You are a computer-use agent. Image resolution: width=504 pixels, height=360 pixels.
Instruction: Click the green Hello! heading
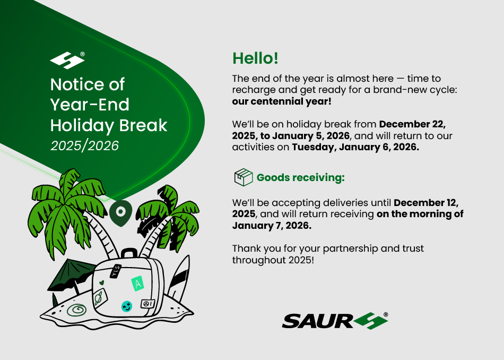pyautogui.click(x=255, y=58)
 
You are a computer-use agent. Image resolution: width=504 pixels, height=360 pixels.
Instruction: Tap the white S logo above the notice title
pyautogui.click(x=67, y=60)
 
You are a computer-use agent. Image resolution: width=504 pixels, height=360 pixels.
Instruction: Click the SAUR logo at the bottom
pyautogui.click(x=335, y=321)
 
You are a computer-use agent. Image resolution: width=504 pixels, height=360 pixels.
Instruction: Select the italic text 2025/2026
pyautogui.click(x=84, y=145)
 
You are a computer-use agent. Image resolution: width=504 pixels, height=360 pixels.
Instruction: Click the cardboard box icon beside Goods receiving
pyautogui.click(x=244, y=177)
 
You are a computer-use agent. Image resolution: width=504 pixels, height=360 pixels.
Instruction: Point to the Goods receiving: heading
pyautogui.click(x=300, y=177)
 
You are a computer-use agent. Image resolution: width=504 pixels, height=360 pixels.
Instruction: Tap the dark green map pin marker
pyautogui.click(x=120, y=213)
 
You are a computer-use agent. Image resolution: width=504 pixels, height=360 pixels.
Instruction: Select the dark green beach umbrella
pyautogui.click(x=72, y=275)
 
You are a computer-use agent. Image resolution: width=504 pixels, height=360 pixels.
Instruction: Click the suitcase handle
pyautogui.click(x=129, y=253)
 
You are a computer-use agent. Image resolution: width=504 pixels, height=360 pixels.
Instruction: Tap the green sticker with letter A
pyautogui.click(x=137, y=284)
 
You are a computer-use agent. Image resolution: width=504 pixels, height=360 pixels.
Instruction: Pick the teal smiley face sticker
pyautogui.click(x=127, y=306)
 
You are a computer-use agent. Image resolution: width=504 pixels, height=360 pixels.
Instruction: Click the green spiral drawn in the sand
pyautogui.click(x=77, y=310)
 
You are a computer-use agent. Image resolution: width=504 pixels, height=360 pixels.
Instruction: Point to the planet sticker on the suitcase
pyautogui.click(x=98, y=297)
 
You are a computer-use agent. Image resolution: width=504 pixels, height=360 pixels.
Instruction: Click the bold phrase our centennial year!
pyautogui.click(x=282, y=101)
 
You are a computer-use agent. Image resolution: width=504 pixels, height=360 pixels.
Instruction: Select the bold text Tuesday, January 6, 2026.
pyautogui.click(x=355, y=147)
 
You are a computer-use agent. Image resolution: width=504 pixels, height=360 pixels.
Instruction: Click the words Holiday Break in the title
pyautogui.click(x=109, y=125)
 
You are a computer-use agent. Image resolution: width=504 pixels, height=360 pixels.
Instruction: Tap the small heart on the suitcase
pyautogui.click(x=101, y=283)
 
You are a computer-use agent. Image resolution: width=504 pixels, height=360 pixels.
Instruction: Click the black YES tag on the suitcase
pyautogui.click(x=116, y=271)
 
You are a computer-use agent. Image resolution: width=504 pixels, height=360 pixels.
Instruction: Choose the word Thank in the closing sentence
pyautogui.click(x=245, y=248)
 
